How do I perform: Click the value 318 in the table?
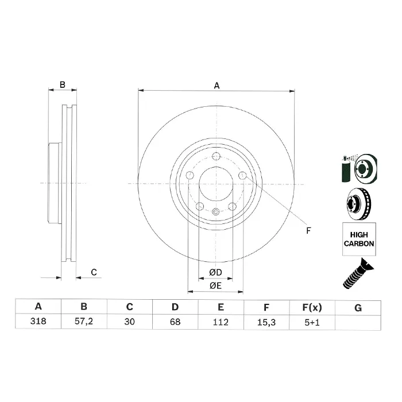[x=38, y=321]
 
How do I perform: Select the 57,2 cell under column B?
[x=84, y=322]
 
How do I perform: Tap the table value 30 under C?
[x=129, y=322]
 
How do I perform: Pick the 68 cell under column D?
[x=175, y=322]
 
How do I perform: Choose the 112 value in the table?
[x=221, y=322]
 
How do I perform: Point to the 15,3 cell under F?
[x=266, y=322]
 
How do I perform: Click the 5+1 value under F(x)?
[x=312, y=322]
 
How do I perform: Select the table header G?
[x=358, y=308]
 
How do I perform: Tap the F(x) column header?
[x=312, y=307]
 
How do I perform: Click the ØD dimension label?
[x=215, y=272]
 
